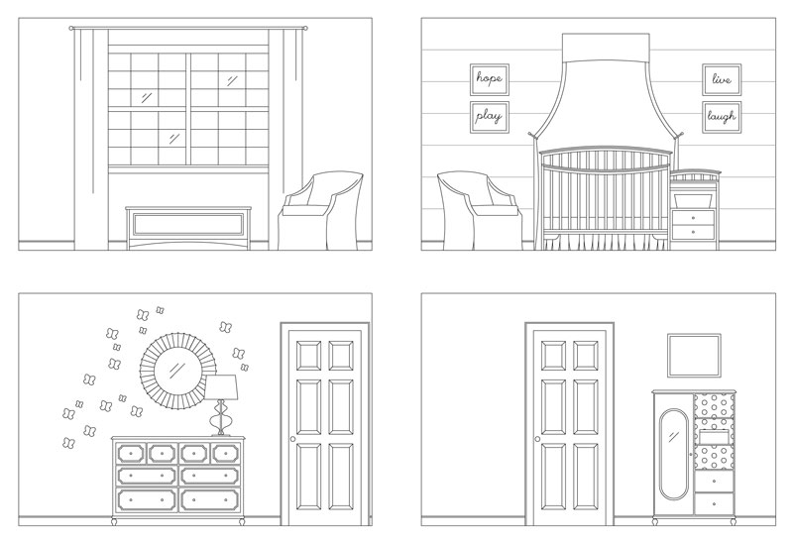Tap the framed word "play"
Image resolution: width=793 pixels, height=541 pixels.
click(489, 117)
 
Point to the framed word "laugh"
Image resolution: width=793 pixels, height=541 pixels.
click(721, 117)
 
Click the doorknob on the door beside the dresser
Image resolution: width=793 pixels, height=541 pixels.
click(290, 439)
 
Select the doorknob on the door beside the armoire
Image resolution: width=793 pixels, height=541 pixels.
click(536, 439)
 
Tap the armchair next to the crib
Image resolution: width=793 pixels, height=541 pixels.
click(478, 209)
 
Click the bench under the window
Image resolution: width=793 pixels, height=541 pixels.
click(188, 227)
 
